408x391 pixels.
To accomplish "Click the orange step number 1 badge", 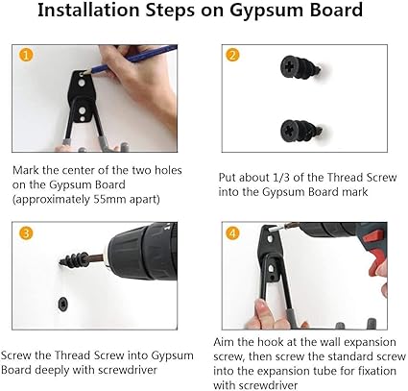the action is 26,55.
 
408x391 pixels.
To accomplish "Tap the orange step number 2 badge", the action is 232,55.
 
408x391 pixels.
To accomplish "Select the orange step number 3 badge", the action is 26,232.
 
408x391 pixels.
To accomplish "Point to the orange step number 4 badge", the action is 232,232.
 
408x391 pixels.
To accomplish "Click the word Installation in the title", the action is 88,10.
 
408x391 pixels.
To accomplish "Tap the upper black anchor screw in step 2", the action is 300,68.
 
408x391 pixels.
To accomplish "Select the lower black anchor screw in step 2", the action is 300,131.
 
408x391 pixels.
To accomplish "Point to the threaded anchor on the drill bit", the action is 74,259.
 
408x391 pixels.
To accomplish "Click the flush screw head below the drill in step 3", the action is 62,304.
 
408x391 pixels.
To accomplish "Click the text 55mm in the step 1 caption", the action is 108,200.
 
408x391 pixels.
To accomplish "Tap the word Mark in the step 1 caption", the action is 26,170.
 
